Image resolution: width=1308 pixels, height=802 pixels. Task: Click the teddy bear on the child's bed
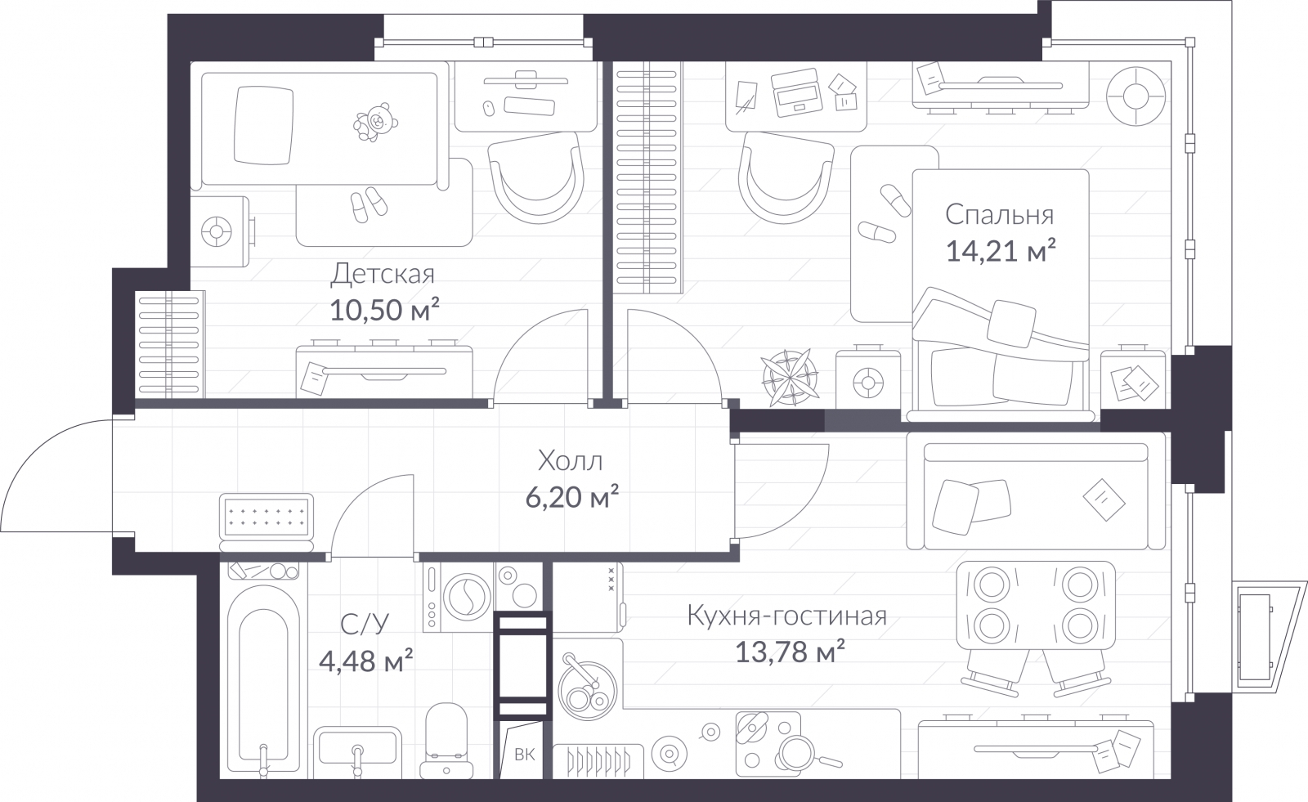(375, 122)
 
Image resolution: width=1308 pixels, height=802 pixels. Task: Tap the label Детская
(383, 273)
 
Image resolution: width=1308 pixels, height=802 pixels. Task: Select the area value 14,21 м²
(1001, 251)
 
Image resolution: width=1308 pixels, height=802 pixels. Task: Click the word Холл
(570, 461)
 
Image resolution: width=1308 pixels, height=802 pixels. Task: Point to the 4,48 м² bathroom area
(365, 661)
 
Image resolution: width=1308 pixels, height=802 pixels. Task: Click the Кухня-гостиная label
(786, 616)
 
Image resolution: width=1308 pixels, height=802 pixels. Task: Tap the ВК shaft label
(524, 755)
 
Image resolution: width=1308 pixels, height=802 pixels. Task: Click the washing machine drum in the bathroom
(467, 598)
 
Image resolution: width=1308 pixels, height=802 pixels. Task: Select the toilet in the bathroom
(446, 741)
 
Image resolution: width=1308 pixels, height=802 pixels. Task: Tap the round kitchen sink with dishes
(586, 689)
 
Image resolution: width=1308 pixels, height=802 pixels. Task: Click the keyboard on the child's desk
(529, 105)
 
